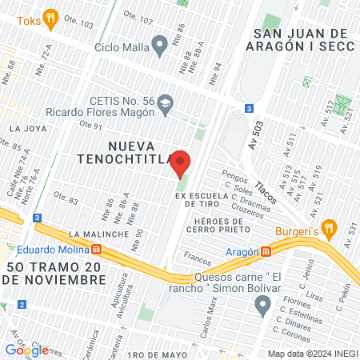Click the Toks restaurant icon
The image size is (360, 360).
[x=50, y=17]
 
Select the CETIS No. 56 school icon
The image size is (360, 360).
[x=165, y=102]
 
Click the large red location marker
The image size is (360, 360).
[x=181, y=163]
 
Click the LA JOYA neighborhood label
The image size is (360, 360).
[x=25, y=127]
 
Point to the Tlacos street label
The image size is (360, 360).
[x=265, y=190]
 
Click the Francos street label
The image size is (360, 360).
[x=198, y=260]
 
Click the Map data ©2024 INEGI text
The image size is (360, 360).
[x=311, y=353]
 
